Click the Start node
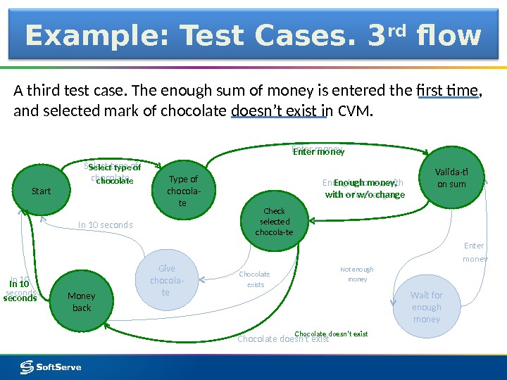[x=42, y=191]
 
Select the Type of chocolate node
[x=183, y=191]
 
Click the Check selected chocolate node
[x=274, y=221]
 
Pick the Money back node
[x=82, y=302]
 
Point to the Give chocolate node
[x=166, y=280]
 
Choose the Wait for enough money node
[x=426, y=308]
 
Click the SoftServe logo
[x=51, y=367]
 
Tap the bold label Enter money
[x=318, y=151]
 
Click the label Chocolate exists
[x=255, y=279]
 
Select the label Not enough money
[x=357, y=274]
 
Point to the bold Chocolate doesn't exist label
[x=331, y=334]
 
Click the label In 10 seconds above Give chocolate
[x=105, y=225]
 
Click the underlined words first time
[x=447, y=91]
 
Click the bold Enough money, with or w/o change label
[x=365, y=189]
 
